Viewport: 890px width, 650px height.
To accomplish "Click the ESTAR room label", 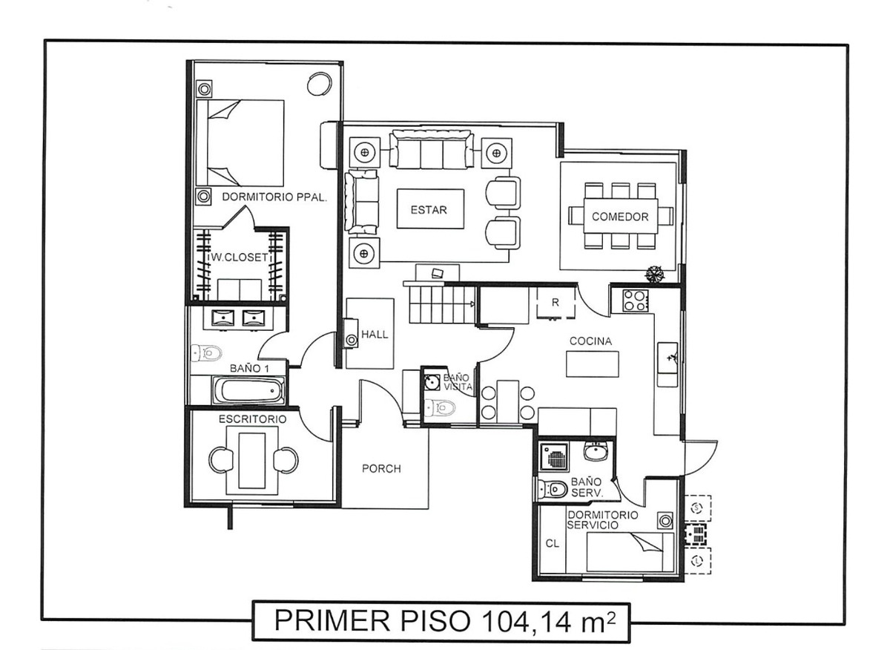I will click(x=429, y=210).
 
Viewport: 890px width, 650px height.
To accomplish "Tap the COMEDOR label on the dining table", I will click(x=620, y=217).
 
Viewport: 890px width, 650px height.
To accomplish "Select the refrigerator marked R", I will click(x=553, y=301).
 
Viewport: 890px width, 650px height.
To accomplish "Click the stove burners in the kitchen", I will click(x=634, y=300).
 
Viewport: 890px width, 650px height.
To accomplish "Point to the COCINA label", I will click(x=590, y=341).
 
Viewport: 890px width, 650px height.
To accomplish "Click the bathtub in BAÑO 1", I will click(x=248, y=389).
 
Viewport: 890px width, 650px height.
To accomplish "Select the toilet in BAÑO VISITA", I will click(x=441, y=407).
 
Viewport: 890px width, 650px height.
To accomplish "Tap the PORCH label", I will click(x=381, y=468).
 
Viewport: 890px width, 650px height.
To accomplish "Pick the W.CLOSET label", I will click(x=236, y=257).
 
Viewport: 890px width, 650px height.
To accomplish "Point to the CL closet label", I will click(x=552, y=542).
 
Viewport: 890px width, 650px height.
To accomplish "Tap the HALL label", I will click(x=375, y=335).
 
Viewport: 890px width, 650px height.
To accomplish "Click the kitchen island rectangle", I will click(x=592, y=364).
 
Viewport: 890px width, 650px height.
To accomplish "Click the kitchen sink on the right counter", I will click(x=667, y=358).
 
